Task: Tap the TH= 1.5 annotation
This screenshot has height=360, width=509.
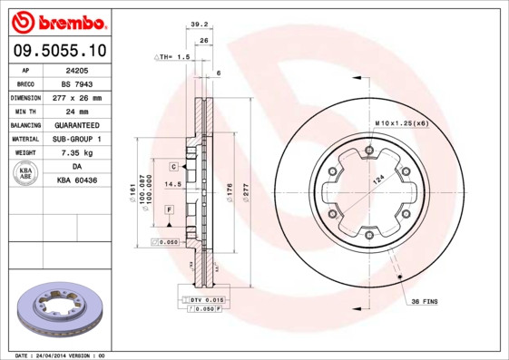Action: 172,56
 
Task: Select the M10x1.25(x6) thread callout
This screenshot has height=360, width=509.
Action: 401,123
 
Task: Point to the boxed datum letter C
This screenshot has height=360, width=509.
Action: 171,168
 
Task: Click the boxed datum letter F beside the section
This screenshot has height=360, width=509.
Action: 169,209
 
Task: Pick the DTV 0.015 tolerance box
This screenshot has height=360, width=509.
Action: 207,299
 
